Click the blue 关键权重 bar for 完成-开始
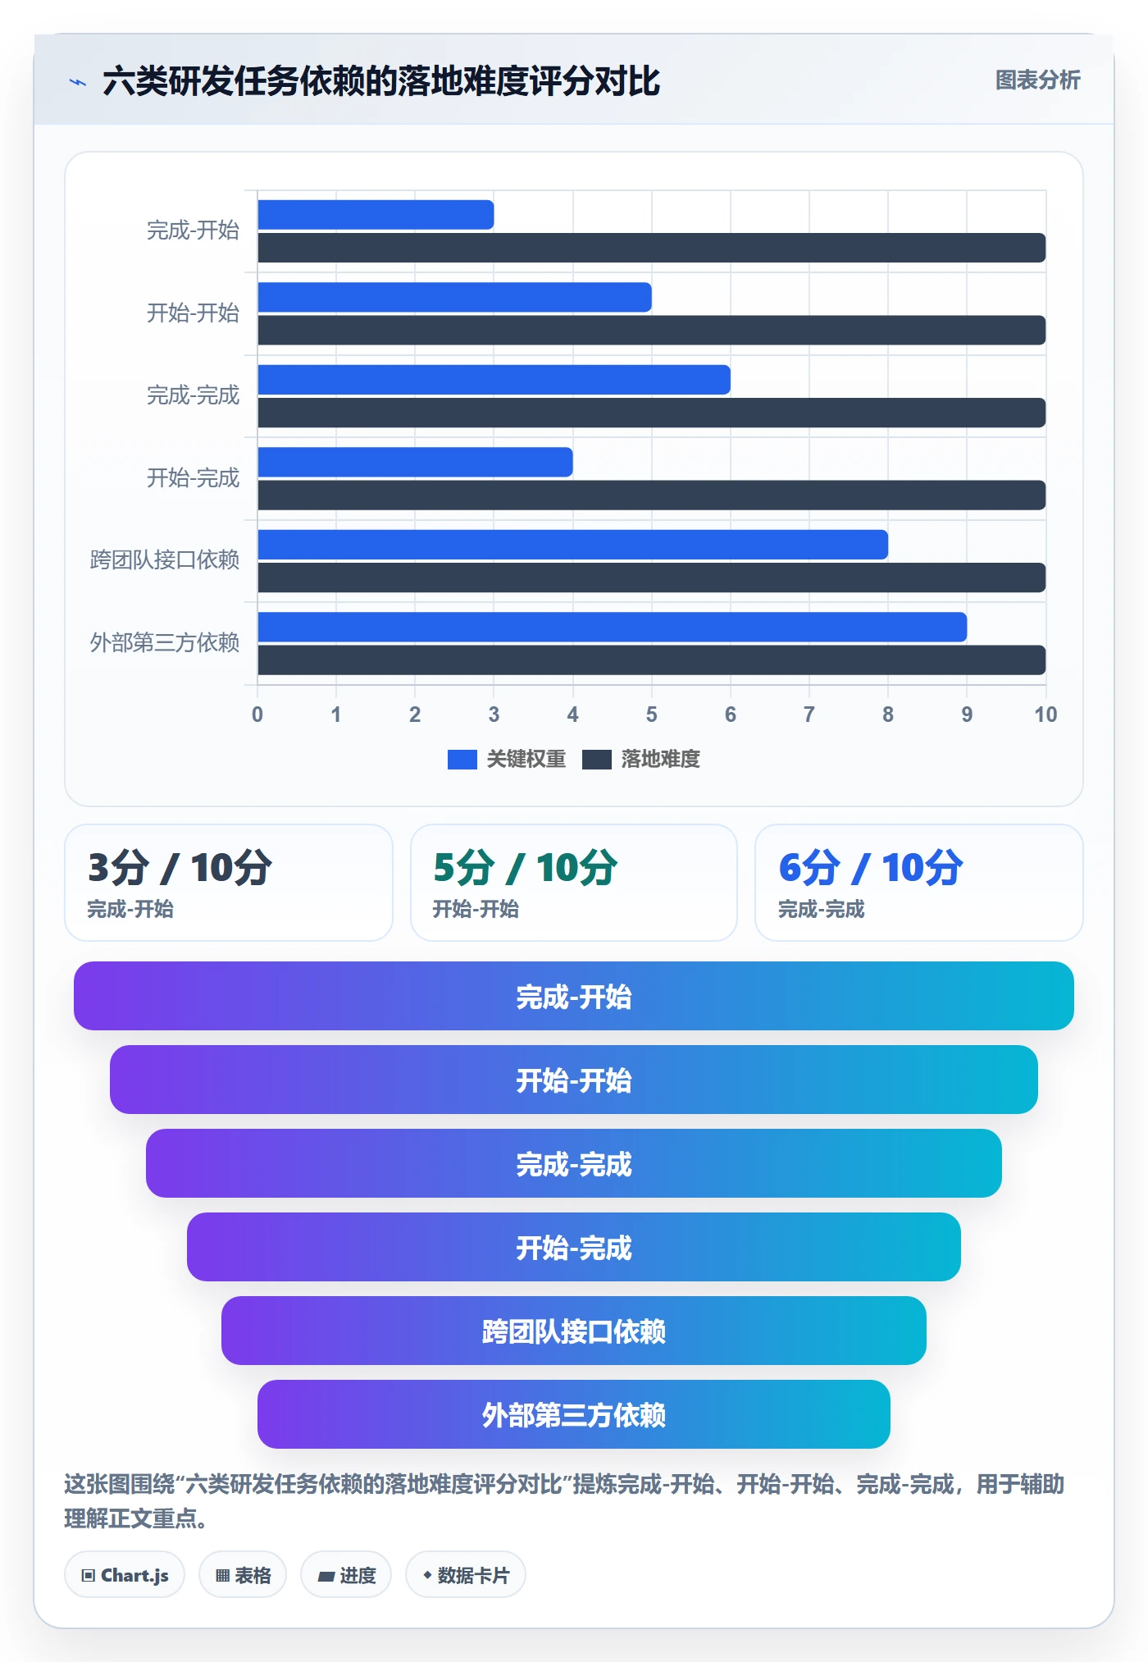pyautogui.click(x=376, y=215)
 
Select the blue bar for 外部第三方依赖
pyautogui.click(x=612, y=627)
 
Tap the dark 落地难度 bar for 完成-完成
pyautogui.click(x=651, y=413)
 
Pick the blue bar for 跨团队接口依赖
pyautogui.click(x=572, y=545)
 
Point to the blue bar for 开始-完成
pyautogui.click(x=415, y=462)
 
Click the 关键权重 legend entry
pyautogui.click(x=507, y=759)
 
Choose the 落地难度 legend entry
pyautogui.click(x=641, y=759)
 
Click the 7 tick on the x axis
pyautogui.click(x=809, y=715)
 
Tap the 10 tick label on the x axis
pyautogui.click(x=1045, y=715)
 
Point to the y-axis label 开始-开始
pyautogui.click(x=193, y=313)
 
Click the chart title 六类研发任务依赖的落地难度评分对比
pyautogui.click(x=381, y=81)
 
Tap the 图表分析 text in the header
pyautogui.click(x=1037, y=80)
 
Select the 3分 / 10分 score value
pyautogui.click(x=180, y=867)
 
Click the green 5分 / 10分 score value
pyautogui.click(x=525, y=867)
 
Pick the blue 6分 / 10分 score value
pyautogui.click(x=870, y=867)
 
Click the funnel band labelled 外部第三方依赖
pyautogui.click(x=574, y=1414)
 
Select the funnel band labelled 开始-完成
pyautogui.click(x=574, y=1247)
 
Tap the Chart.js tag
pyautogui.click(x=125, y=1575)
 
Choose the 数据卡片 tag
pyautogui.click(x=466, y=1575)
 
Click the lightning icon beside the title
pyautogui.click(x=78, y=82)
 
